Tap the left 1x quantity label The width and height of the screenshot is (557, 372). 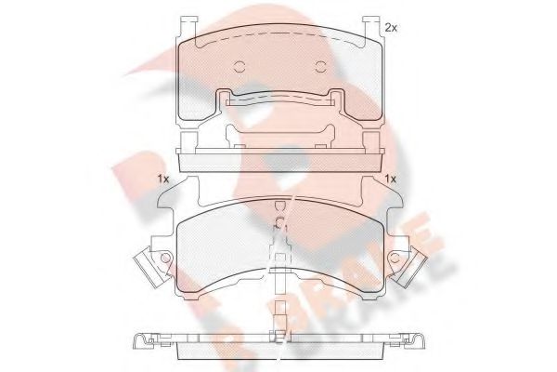point(163,179)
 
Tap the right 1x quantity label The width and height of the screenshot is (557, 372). point(391,179)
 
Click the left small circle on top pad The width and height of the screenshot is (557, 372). point(239,66)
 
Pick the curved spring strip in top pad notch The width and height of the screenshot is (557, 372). point(278,100)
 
